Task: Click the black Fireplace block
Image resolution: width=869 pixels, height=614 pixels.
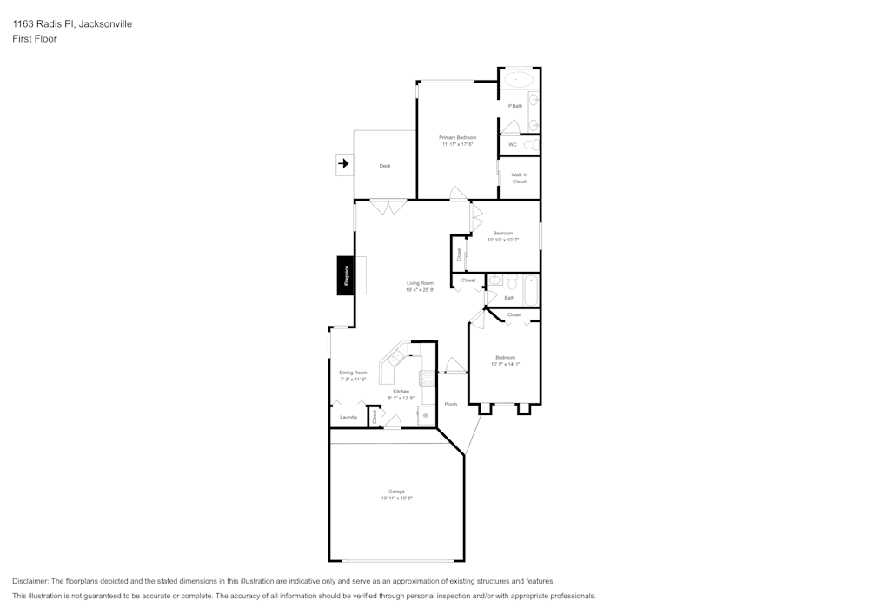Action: point(346,276)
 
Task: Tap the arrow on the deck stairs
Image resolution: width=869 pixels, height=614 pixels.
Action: point(344,162)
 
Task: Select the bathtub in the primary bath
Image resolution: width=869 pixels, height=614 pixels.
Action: point(520,79)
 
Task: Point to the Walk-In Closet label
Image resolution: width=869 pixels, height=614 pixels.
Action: point(519,178)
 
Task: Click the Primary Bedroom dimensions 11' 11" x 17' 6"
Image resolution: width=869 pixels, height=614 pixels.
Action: point(457,144)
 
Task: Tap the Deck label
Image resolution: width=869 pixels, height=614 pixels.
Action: point(385,166)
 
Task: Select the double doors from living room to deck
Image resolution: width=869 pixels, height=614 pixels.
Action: point(388,207)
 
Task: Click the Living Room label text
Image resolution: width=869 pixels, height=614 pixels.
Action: point(420,283)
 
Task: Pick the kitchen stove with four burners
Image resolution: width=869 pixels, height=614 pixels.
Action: point(427,377)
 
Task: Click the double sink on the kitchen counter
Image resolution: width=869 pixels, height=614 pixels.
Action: point(396,358)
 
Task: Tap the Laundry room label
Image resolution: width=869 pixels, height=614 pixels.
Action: point(348,418)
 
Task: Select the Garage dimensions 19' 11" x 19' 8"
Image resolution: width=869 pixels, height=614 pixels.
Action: point(396,498)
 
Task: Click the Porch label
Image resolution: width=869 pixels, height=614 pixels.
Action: point(450,405)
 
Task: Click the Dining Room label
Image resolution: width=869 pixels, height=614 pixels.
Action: point(353,373)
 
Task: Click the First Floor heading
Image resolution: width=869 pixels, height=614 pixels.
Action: point(35,39)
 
